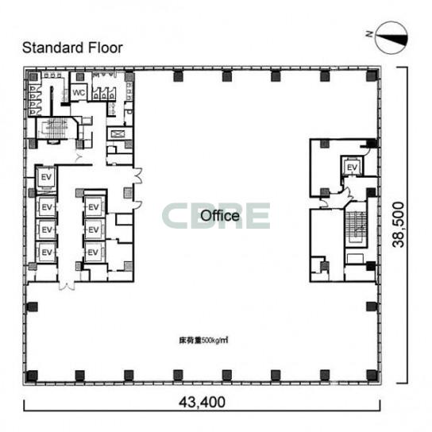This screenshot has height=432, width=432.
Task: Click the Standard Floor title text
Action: pos(72,48)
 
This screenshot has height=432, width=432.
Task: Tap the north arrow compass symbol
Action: pos(391,38)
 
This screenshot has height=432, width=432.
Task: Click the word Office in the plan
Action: pos(220,216)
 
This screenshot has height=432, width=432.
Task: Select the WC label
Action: pos(79,93)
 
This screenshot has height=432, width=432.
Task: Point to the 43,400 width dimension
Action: pos(202,403)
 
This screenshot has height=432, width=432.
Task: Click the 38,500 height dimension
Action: pos(399,225)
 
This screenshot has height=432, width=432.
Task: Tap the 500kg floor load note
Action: pos(203,341)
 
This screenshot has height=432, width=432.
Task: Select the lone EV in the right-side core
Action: pos(352,168)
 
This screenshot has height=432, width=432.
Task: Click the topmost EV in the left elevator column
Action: pos(46,177)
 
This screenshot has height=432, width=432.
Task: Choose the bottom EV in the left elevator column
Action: pos(47,252)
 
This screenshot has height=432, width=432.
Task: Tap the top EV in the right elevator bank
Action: pos(94,207)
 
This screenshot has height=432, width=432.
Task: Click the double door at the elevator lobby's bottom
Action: pos(67,285)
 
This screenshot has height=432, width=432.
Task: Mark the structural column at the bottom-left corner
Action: pos(32,376)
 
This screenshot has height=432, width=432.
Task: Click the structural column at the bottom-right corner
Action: pos(372,375)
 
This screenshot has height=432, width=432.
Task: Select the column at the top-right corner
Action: pos(372,76)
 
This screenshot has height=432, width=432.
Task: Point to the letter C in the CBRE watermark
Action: pos(175,216)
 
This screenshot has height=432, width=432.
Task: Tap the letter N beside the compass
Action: pos(369,34)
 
